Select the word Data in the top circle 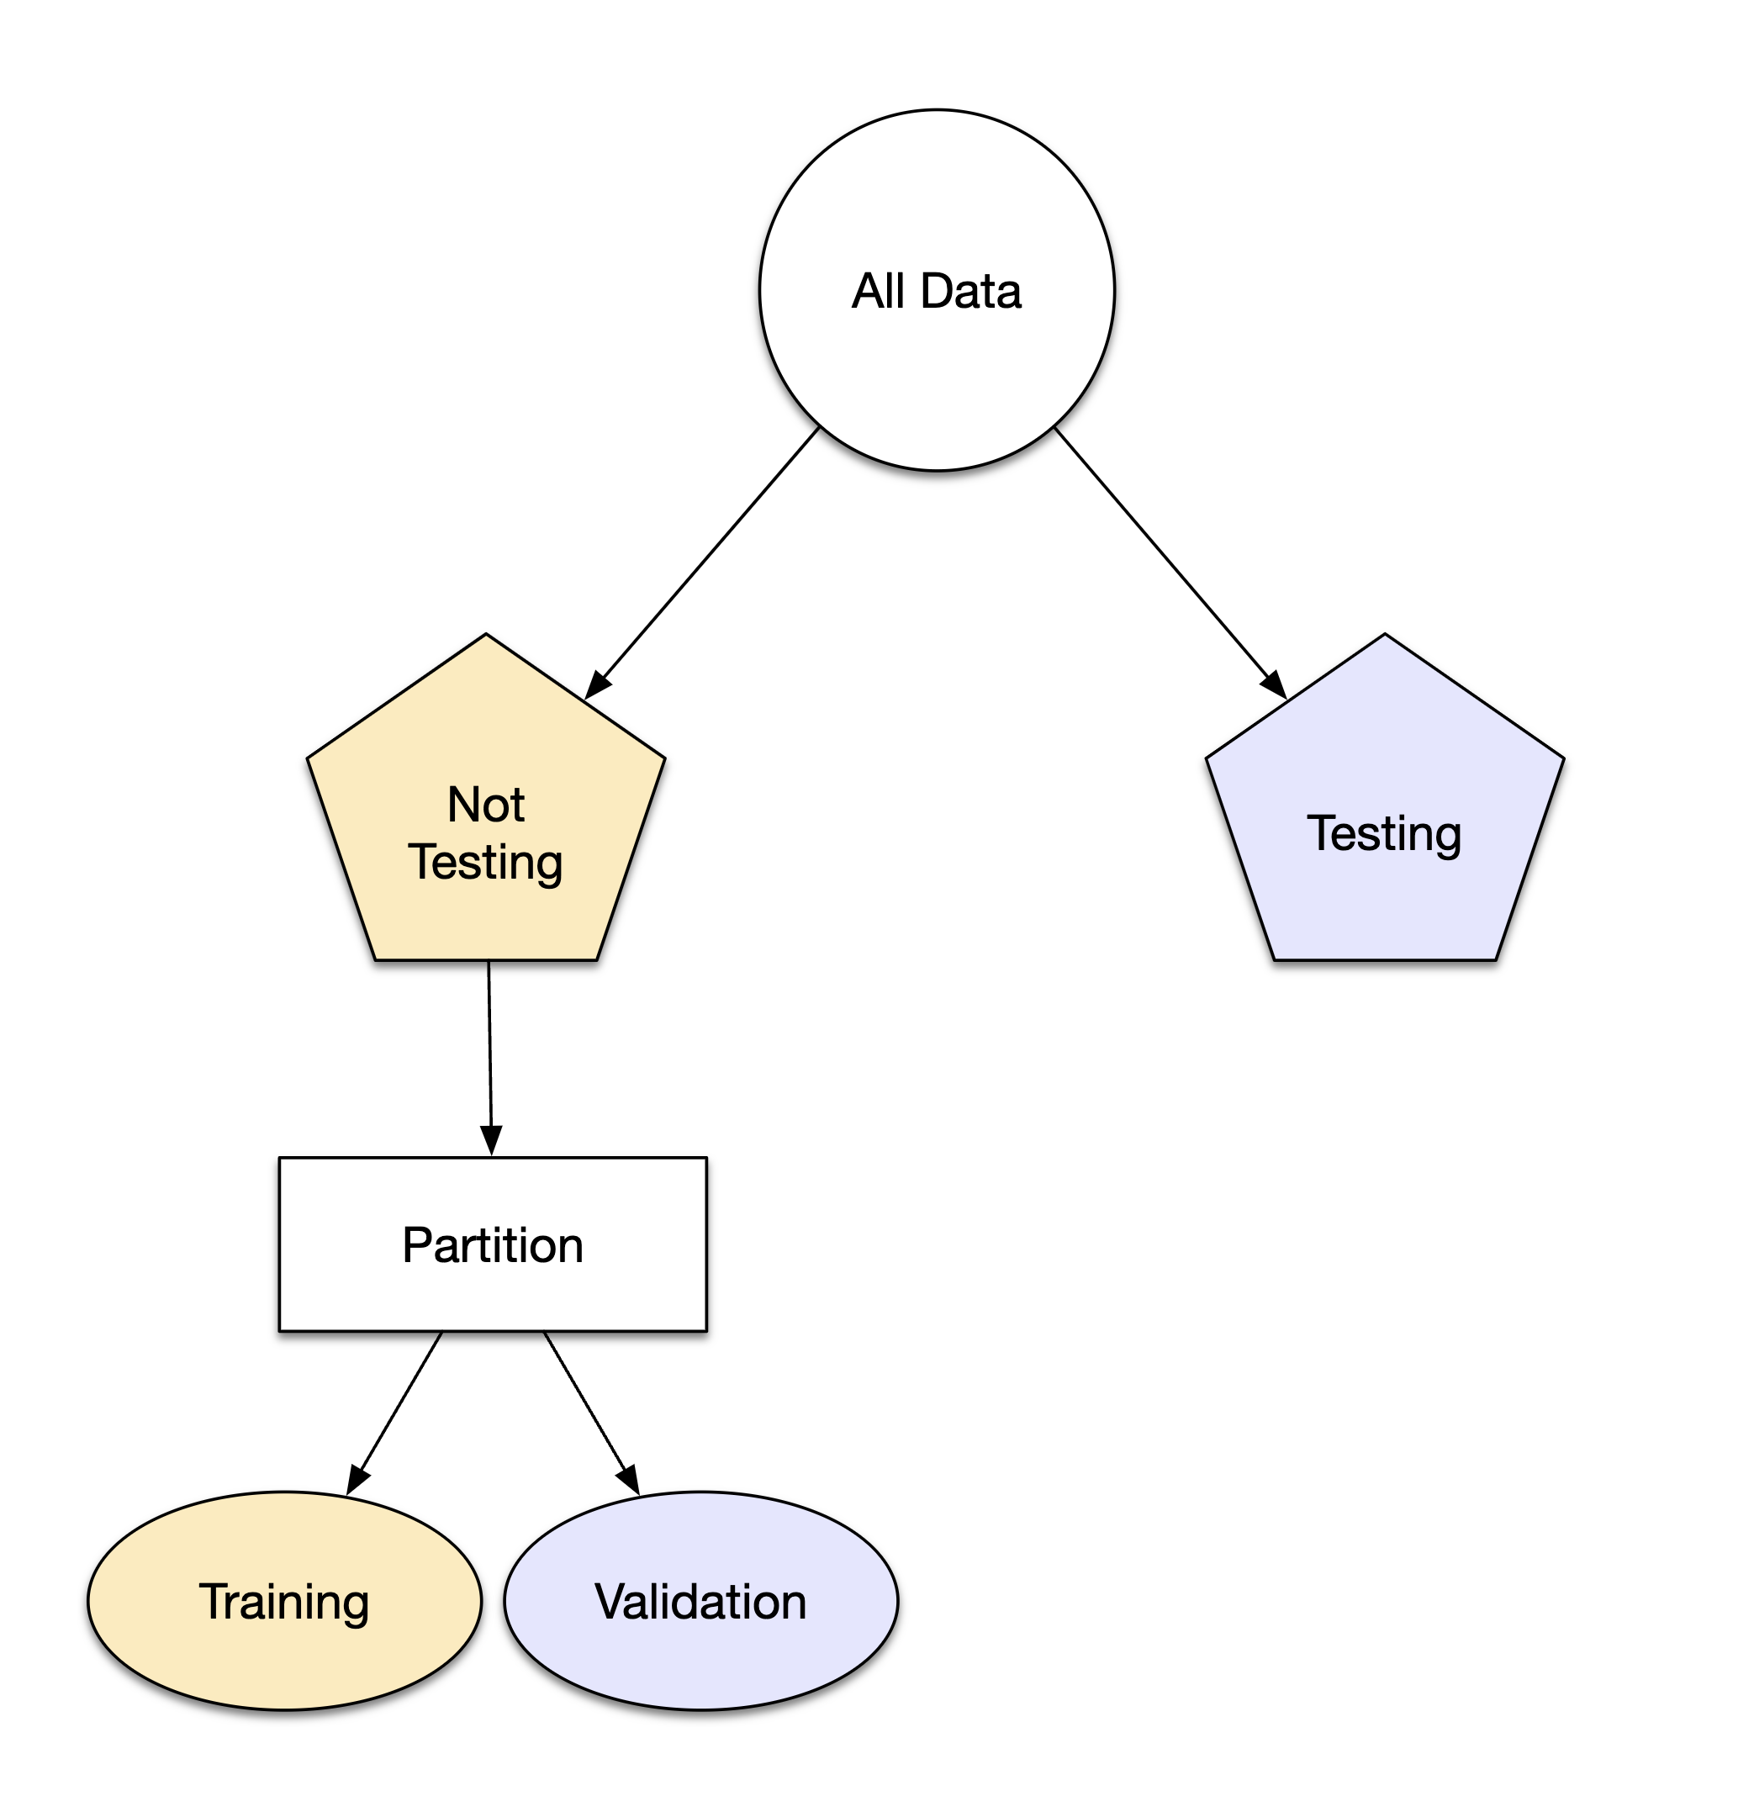pyautogui.click(x=971, y=291)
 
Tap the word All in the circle pyautogui.click(x=879, y=291)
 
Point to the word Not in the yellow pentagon pyautogui.click(x=485, y=804)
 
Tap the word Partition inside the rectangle pyautogui.click(x=493, y=1245)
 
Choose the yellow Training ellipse pyautogui.click(x=285, y=1658)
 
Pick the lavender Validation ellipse pyautogui.click(x=701, y=1658)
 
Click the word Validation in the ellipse pyautogui.click(x=701, y=1602)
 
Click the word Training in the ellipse pyautogui.click(x=285, y=1602)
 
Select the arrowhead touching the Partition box pyautogui.click(x=492, y=1141)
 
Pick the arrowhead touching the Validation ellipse pyautogui.click(x=629, y=1481)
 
